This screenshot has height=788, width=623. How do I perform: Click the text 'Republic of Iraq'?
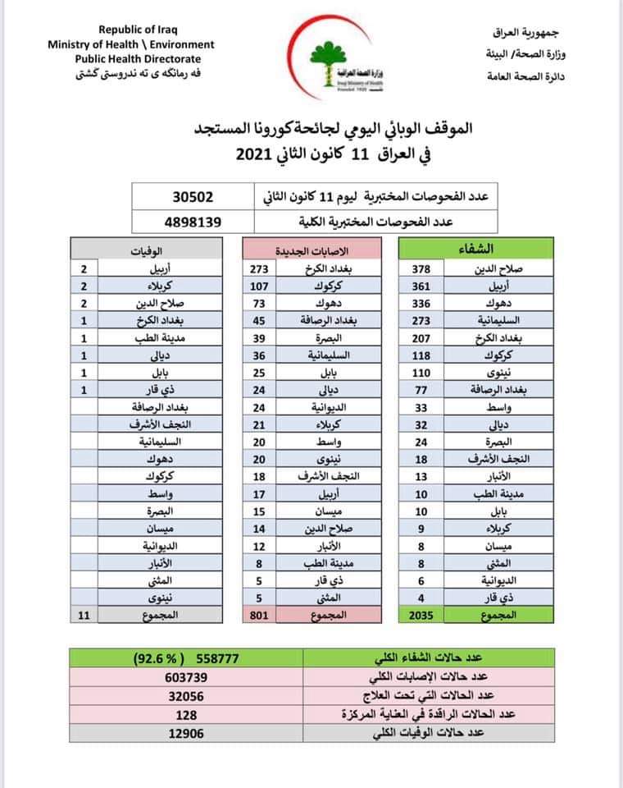(x=131, y=30)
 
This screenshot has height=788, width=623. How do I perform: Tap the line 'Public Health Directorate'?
(x=137, y=59)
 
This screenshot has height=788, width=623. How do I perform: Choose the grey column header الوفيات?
(x=147, y=249)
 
